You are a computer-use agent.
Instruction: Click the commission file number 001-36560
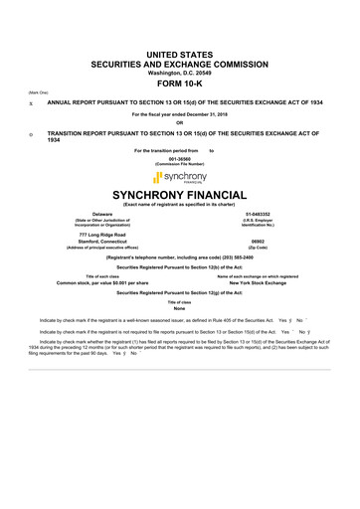click(x=179, y=158)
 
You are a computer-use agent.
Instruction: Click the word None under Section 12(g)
click(x=179, y=309)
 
